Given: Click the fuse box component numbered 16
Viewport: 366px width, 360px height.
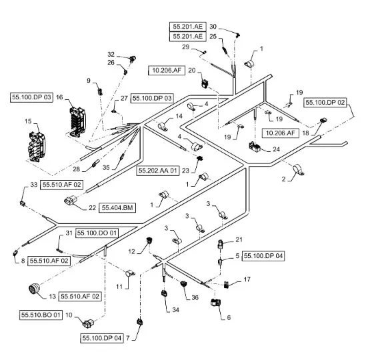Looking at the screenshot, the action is coord(78,122).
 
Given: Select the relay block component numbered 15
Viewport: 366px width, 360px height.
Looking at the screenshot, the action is coord(37,147).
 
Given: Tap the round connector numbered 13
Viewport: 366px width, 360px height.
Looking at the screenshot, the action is coord(34,289).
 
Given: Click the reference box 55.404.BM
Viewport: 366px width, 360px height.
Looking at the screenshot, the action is coord(117,207).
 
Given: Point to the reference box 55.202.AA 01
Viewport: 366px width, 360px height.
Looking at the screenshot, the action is coord(158,171).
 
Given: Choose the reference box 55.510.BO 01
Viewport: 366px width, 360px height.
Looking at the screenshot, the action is coord(41,315).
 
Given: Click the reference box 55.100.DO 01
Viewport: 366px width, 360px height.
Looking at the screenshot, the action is coord(97,233).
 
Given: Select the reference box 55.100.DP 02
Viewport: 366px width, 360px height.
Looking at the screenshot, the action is coord(325,103).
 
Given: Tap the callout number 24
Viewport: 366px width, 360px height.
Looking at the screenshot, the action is coord(276,149).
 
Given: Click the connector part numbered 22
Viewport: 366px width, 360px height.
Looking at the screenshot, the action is coord(70,201).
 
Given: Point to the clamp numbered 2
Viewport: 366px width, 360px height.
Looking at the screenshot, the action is coord(298,169).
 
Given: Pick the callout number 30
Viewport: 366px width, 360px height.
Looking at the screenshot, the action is coord(213,27).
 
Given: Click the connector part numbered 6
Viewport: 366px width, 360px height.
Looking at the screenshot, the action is coord(215,302).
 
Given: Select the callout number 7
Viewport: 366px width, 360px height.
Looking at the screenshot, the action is coord(128,338).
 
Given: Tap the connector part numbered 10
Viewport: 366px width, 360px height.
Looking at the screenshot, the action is coord(88,324).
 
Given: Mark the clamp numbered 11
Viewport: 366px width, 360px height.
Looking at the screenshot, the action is coord(130,273).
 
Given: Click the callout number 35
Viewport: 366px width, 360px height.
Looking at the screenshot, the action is coord(106,167).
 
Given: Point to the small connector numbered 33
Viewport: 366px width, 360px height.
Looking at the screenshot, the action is coord(23,203).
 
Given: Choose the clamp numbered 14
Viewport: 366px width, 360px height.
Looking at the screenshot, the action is coord(163,126).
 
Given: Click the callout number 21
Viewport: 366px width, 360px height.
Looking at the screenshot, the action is coord(239,239).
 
